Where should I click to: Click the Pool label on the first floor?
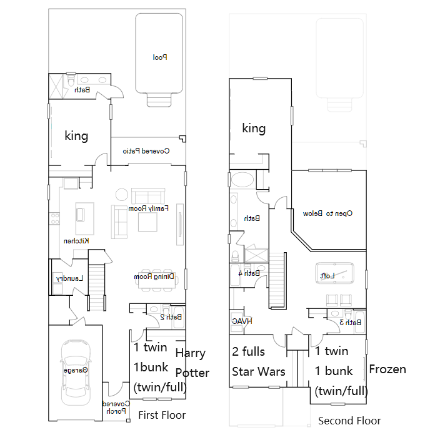pyautogui.click(x=161, y=57)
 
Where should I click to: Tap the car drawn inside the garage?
pyautogui.click(x=76, y=371)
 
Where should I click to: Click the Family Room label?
pyautogui.click(x=149, y=208)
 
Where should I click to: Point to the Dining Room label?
pyautogui.click(x=154, y=276)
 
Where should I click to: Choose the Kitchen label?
pyautogui.click(x=76, y=241)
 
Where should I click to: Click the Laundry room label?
pyautogui.click(x=68, y=278)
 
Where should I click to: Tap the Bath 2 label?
pyautogui.click(x=170, y=317)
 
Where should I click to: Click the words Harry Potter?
pyautogui.click(x=191, y=363)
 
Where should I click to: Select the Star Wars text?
pyautogui.click(x=259, y=371)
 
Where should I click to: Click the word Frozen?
pyautogui.click(x=387, y=369)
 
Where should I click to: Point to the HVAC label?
pyautogui.click(x=242, y=321)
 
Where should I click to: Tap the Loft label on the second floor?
pyautogui.click(x=327, y=275)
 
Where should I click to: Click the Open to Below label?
pyautogui.click(x=327, y=213)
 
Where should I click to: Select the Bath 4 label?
pyautogui.click(x=249, y=273)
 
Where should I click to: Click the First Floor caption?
pyautogui.click(x=162, y=415)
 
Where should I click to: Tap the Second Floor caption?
pyautogui.click(x=349, y=421)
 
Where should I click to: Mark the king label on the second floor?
pyautogui.click(x=254, y=129)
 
